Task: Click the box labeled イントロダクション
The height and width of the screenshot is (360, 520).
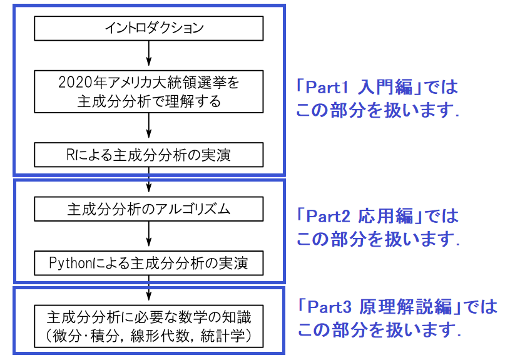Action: [149, 29]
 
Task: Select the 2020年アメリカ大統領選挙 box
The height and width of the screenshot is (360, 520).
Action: [149, 91]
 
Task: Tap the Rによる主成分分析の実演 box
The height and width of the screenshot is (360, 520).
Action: [149, 153]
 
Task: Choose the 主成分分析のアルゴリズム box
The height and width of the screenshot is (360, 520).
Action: [149, 209]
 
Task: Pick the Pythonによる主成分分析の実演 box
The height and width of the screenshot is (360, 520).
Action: [149, 263]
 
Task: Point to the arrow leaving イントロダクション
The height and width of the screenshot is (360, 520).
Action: [149, 53]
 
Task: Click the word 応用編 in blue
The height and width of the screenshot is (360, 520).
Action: [387, 216]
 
